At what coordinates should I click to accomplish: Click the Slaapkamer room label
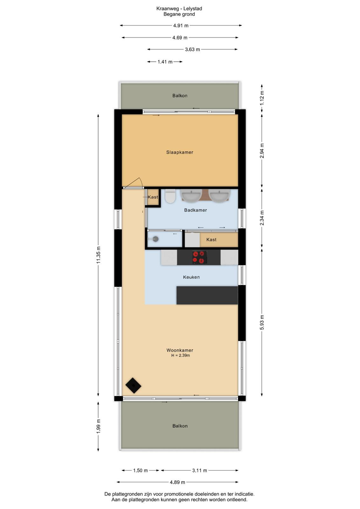[180, 152]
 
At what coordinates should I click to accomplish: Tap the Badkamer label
[196, 210]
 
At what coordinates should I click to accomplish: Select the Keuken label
[191, 277]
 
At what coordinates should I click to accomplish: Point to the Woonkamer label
[180, 350]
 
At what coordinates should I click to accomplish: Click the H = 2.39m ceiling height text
[181, 355]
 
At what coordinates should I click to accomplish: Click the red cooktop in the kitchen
[200, 257]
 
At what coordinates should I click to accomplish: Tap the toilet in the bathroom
[170, 196]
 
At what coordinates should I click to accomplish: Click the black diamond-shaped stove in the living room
[133, 385]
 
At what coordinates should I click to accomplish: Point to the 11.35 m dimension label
[98, 255]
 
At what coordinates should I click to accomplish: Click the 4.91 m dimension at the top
[181, 25]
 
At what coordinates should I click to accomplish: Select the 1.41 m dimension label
[165, 62]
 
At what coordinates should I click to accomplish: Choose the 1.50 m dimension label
[140, 471]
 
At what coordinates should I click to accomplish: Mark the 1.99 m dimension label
[98, 426]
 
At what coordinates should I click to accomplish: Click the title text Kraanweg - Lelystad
[179, 8]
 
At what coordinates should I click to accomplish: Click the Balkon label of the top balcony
[180, 96]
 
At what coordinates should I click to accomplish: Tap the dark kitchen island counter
[207, 295]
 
